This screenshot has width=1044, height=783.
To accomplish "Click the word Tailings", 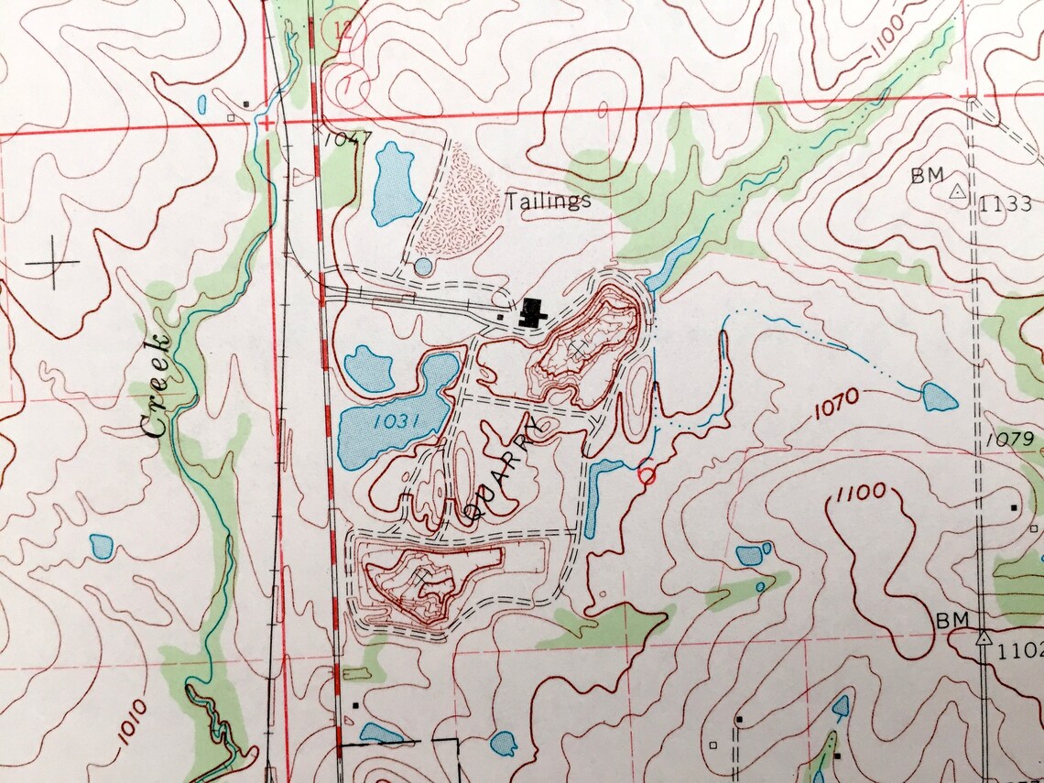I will pyautogui.click(x=549, y=201).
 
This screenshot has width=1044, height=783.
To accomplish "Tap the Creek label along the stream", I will pyautogui.click(x=157, y=386).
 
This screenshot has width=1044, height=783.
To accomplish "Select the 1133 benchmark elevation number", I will pyautogui.click(x=1005, y=204).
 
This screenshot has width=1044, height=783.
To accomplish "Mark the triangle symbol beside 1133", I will pyautogui.click(x=957, y=192).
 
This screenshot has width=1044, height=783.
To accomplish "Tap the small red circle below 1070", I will pyautogui.click(x=647, y=474).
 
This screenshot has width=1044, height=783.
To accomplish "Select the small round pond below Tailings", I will pyautogui.click(x=422, y=266).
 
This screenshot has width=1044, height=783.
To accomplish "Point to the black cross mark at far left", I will pyautogui.click(x=53, y=262).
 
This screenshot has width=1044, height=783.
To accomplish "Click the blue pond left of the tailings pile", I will pyautogui.click(x=395, y=182).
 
